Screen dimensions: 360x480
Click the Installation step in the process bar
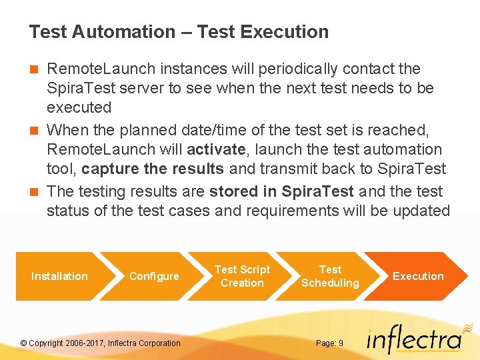(x=59, y=276)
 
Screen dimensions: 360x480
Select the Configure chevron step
(x=154, y=276)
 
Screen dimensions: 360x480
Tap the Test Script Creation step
(x=242, y=276)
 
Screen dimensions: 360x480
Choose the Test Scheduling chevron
(x=330, y=276)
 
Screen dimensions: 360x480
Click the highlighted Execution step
(x=418, y=276)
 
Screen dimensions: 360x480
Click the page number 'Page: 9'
(x=329, y=343)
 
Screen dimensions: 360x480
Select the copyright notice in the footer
(x=101, y=343)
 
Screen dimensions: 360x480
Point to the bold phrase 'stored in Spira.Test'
(x=281, y=191)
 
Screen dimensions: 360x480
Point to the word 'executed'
(x=79, y=107)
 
